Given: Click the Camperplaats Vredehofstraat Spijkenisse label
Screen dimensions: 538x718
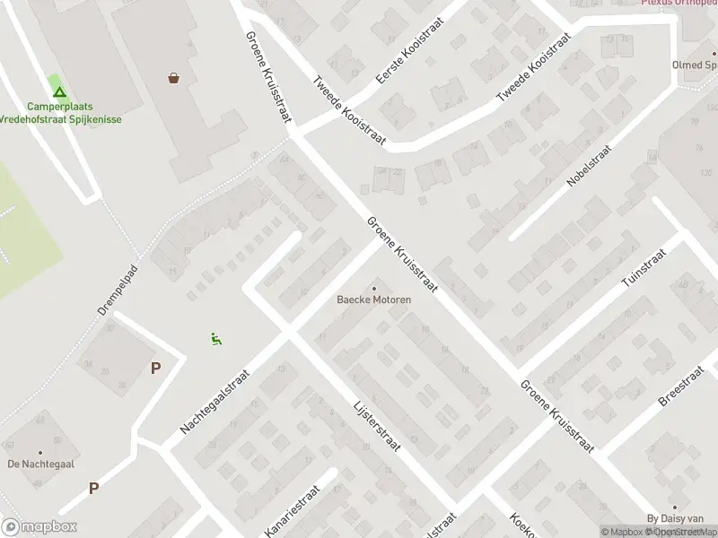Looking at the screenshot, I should pyautogui.click(x=59, y=112).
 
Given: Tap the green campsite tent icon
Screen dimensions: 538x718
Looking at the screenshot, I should pyautogui.click(x=59, y=91).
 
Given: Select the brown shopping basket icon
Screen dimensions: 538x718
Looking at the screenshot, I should pyautogui.click(x=173, y=78).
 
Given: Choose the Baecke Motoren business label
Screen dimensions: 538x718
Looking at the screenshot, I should pyautogui.click(x=374, y=299).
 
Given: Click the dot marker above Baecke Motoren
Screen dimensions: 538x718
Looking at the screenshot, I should pyautogui.click(x=374, y=288).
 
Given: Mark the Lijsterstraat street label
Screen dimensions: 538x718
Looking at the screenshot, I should pyautogui.click(x=376, y=425).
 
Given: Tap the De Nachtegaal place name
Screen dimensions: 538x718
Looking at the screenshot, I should pyautogui.click(x=39, y=464).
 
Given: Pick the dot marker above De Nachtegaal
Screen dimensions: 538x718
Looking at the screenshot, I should pyautogui.click(x=39, y=452).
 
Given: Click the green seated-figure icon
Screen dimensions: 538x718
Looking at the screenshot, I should pyautogui.click(x=215, y=339).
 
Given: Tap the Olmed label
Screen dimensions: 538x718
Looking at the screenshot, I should pyautogui.click(x=695, y=65).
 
